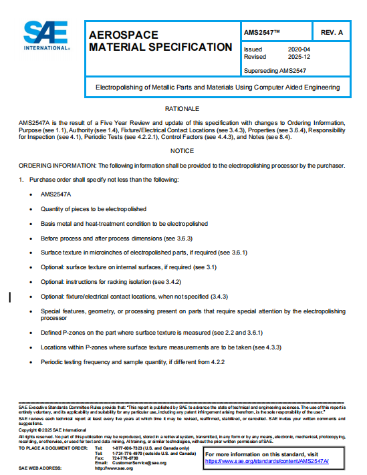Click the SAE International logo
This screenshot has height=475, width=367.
pyautogui.click(x=46, y=36)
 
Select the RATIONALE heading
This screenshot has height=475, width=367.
pyautogui.click(x=182, y=108)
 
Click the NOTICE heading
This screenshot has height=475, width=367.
pyautogui.click(x=182, y=151)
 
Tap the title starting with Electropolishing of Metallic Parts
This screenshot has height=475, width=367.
pyautogui.click(x=217, y=87)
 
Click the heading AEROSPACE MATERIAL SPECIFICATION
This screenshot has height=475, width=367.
pyautogui.click(x=160, y=40)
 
